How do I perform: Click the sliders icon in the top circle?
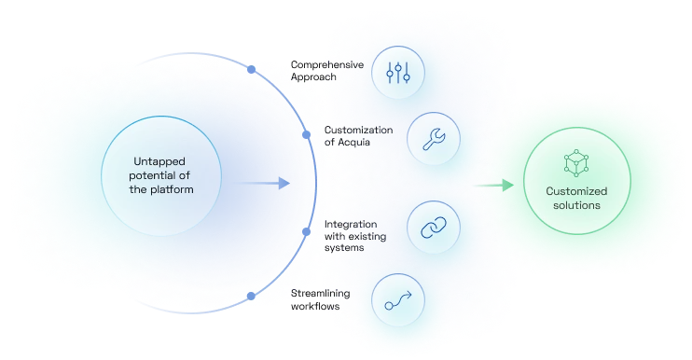(x=398, y=73)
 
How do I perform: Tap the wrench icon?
(x=435, y=140)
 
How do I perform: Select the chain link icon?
(x=435, y=228)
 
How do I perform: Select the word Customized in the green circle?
(x=577, y=190)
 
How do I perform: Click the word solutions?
(x=577, y=204)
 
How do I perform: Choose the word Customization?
(x=358, y=130)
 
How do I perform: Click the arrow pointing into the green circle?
(x=506, y=185)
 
